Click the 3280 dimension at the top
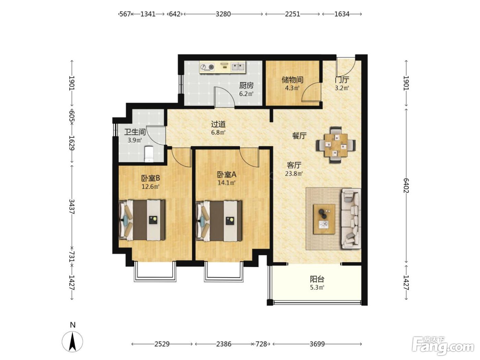click(x=223, y=14)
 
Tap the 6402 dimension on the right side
click(x=406, y=185)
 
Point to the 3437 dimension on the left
click(x=72, y=206)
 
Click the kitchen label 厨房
click(x=246, y=85)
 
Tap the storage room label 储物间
click(x=292, y=80)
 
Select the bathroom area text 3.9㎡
click(x=135, y=140)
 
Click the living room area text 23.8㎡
click(x=294, y=174)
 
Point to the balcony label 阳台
click(x=317, y=279)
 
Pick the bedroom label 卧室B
click(x=151, y=178)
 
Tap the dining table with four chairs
click(x=336, y=145)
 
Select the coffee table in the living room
click(x=324, y=219)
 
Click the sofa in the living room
click(x=351, y=219)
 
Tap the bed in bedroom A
click(x=219, y=221)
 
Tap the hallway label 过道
click(x=218, y=124)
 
